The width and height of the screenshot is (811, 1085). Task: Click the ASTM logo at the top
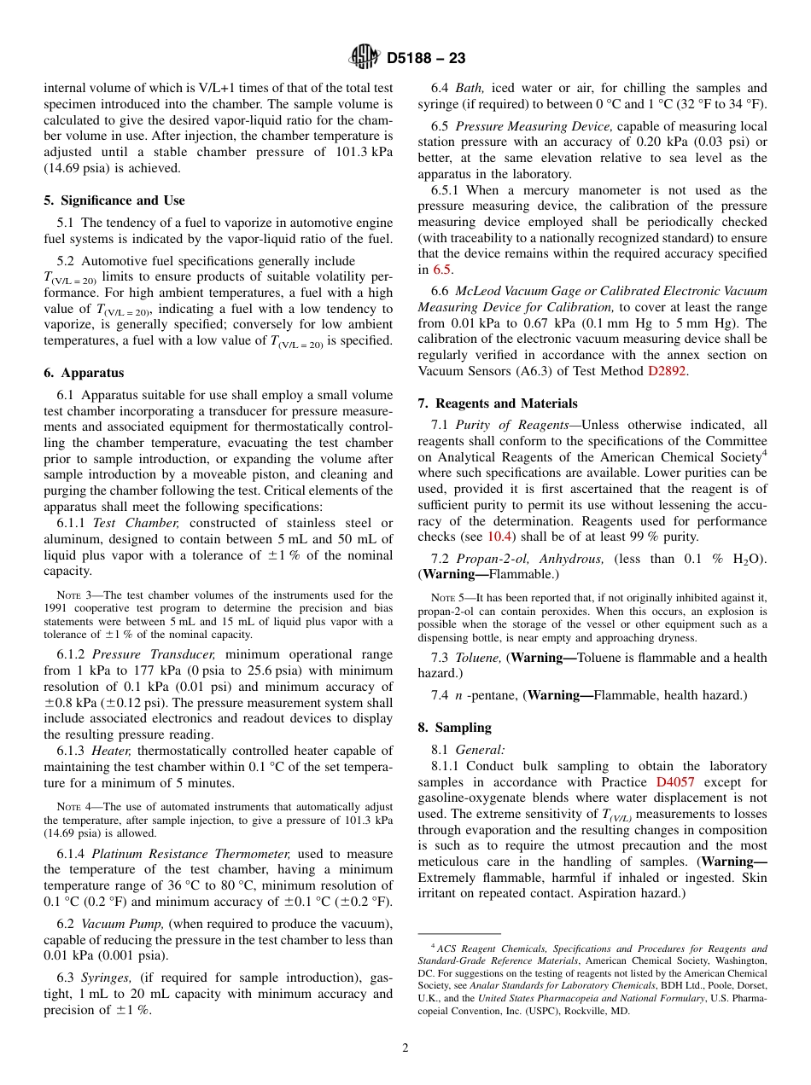tap(365, 59)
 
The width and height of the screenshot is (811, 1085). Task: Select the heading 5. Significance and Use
tap(114, 200)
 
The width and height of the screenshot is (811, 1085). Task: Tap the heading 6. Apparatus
tap(84, 373)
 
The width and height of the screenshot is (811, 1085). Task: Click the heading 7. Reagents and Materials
tap(498, 403)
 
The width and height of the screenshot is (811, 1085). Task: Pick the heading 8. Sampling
tap(454, 728)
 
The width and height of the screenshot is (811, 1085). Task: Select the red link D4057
tap(674, 782)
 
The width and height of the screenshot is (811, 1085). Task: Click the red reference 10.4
tap(500, 537)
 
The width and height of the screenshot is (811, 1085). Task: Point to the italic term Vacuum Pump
tap(124, 924)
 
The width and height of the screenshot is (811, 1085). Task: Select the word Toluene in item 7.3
tap(479, 658)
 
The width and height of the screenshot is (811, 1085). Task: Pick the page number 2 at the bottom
tap(405, 1048)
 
